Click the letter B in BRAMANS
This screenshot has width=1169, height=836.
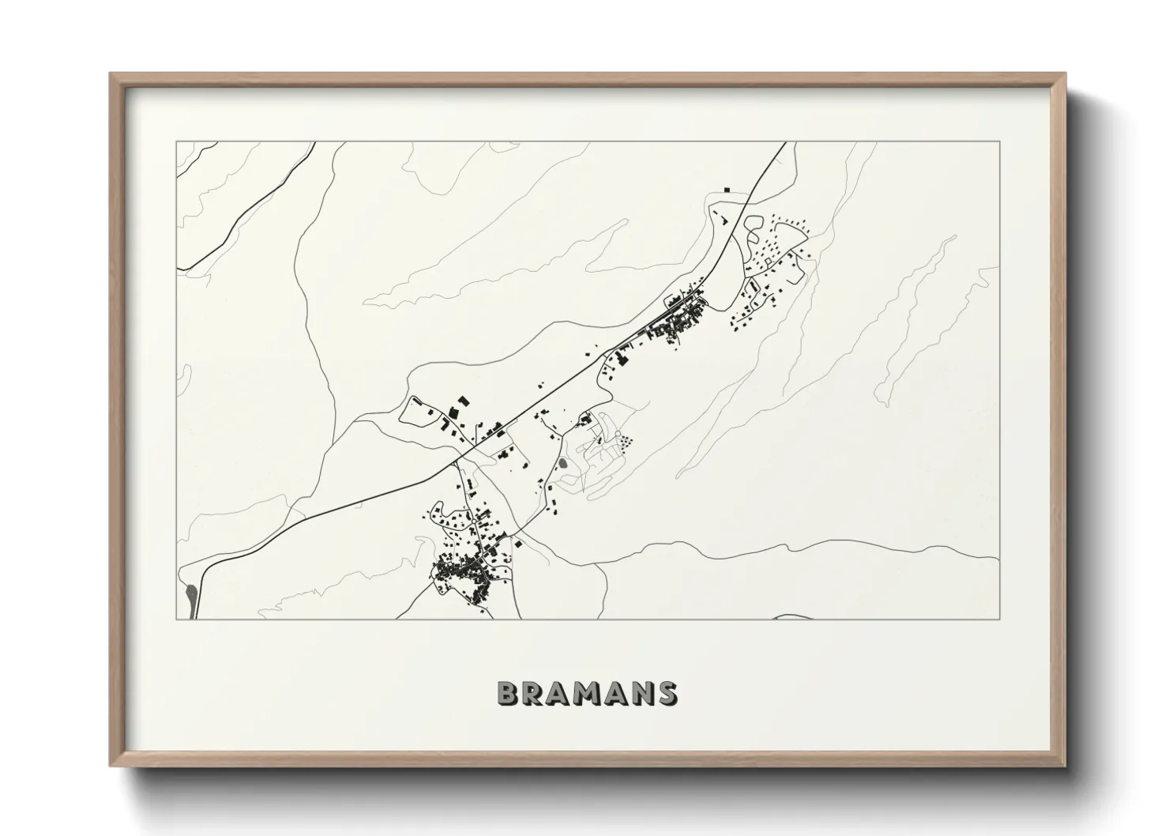coord(509,693)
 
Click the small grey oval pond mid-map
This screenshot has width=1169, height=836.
coord(562,464)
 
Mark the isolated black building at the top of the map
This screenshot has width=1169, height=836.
coord(727,190)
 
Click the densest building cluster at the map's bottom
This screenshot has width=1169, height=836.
coord(462,567)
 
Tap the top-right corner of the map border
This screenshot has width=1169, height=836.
coord(1000,141)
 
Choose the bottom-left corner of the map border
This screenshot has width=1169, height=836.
coord(176,619)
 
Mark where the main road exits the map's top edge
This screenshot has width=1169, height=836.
coord(785,142)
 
